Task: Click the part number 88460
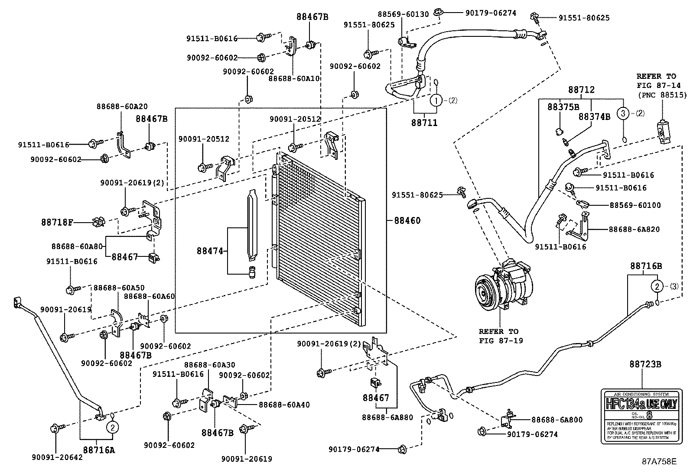(x=407, y=220)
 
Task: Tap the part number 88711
(x=424, y=123)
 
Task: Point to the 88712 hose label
(x=581, y=90)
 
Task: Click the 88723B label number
(x=645, y=364)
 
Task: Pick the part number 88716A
(x=99, y=450)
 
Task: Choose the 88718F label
(x=57, y=223)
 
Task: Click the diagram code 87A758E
(x=659, y=461)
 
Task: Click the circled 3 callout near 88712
(x=622, y=114)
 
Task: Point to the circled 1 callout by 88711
(x=436, y=100)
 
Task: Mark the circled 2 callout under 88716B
(x=657, y=287)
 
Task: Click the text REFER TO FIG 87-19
(x=501, y=336)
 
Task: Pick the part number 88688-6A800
(x=557, y=420)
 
